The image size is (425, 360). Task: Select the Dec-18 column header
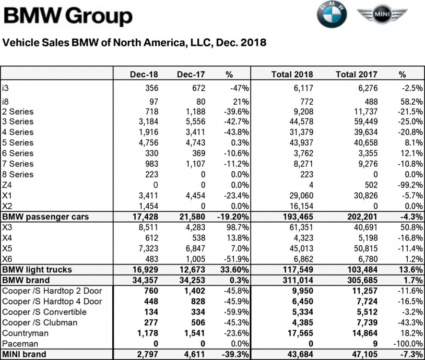tap(144, 74)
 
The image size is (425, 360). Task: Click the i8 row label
tap(6, 102)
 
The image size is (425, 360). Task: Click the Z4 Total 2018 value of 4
tap(310, 185)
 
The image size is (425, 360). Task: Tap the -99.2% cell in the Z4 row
tap(411, 185)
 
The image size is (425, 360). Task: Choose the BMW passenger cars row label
tap(46, 216)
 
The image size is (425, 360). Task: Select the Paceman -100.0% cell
tap(408, 344)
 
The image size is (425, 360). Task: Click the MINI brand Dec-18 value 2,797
tap(147, 355)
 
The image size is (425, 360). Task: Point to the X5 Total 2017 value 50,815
tap(364, 249)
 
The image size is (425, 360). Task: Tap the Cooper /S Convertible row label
tap(45, 312)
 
